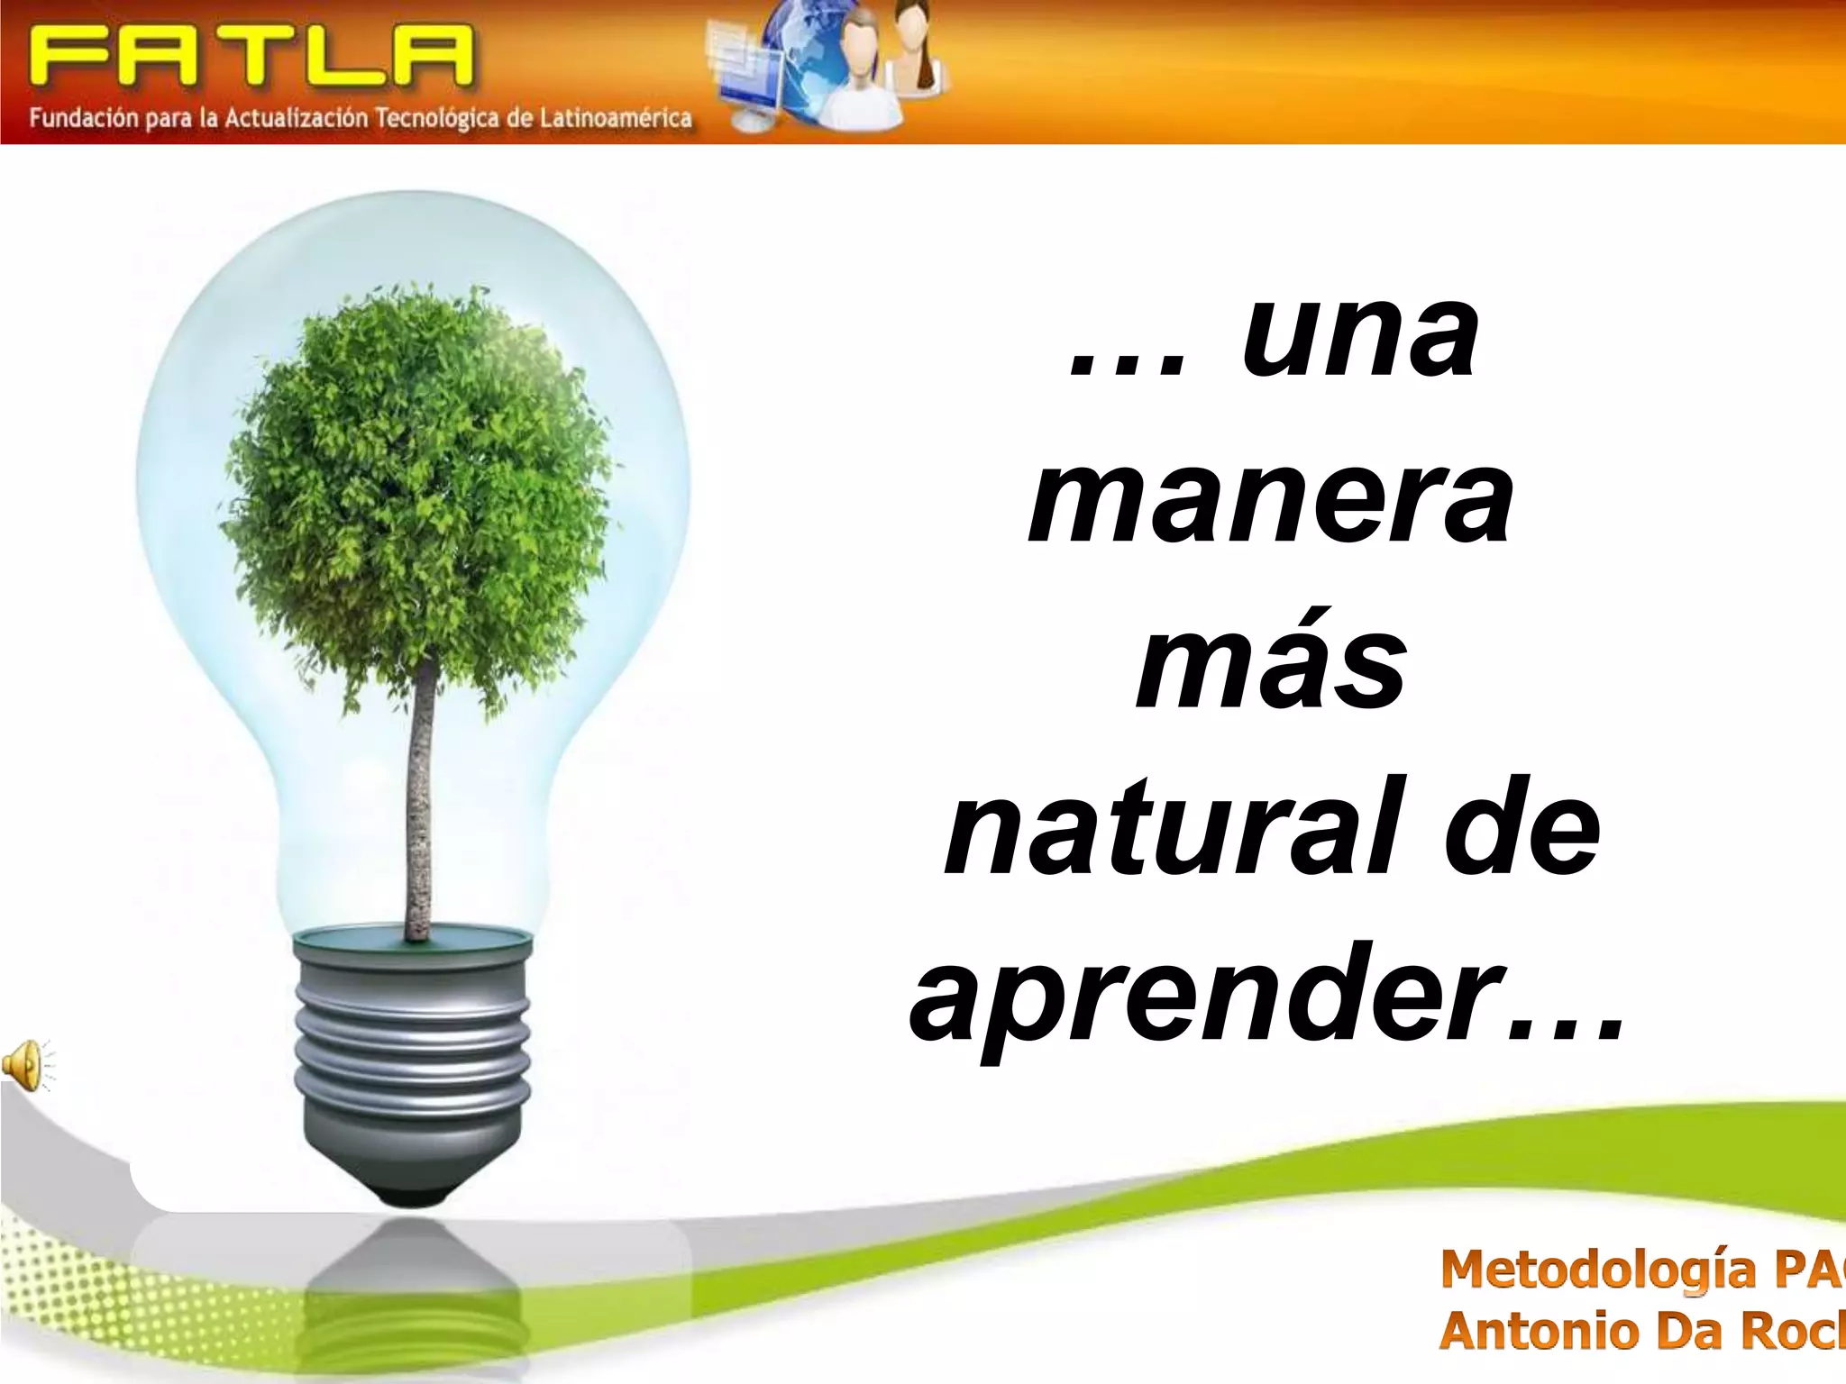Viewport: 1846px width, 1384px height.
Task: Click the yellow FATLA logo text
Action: point(251,56)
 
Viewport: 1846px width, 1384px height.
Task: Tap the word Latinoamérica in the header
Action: point(616,119)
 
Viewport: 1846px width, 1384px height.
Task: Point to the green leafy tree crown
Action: point(415,487)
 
